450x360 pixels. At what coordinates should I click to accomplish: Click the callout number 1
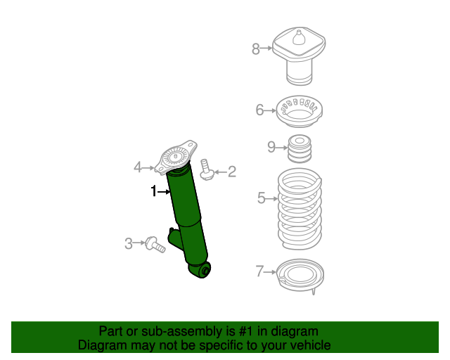153,191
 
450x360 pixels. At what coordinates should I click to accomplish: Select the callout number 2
231,171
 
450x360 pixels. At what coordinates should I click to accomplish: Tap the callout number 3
129,244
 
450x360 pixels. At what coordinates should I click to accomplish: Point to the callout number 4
139,167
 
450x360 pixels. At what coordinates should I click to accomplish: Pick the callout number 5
262,198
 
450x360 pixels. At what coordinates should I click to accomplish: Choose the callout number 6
259,110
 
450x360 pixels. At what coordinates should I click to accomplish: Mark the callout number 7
259,271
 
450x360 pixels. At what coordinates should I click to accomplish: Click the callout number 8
256,49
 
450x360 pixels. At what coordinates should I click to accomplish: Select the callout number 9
271,147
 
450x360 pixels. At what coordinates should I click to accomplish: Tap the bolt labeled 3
155,245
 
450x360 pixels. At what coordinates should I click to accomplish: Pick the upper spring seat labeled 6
299,110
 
